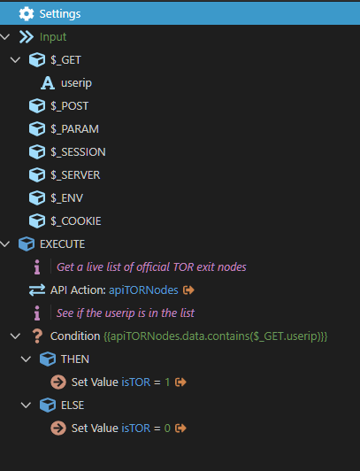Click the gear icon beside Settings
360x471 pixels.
click(27, 14)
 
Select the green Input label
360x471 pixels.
click(53, 37)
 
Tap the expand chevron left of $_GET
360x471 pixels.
click(15, 60)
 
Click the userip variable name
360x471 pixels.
click(76, 83)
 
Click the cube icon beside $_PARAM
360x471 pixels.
click(37, 129)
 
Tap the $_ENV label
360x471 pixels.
click(67, 198)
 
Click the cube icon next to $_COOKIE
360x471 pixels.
click(37, 221)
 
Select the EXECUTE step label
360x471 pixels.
click(63, 244)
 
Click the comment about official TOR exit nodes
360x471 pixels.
click(151, 267)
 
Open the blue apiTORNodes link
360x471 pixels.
click(143, 290)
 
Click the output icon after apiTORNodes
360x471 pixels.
click(188, 290)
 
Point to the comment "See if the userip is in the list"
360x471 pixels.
click(126, 313)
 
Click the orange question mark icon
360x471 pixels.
click(37, 336)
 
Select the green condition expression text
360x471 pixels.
click(216, 336)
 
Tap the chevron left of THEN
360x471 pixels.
click(27, 359)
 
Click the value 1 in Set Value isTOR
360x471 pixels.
click(167, 382)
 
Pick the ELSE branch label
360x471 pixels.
click(73, 405)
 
